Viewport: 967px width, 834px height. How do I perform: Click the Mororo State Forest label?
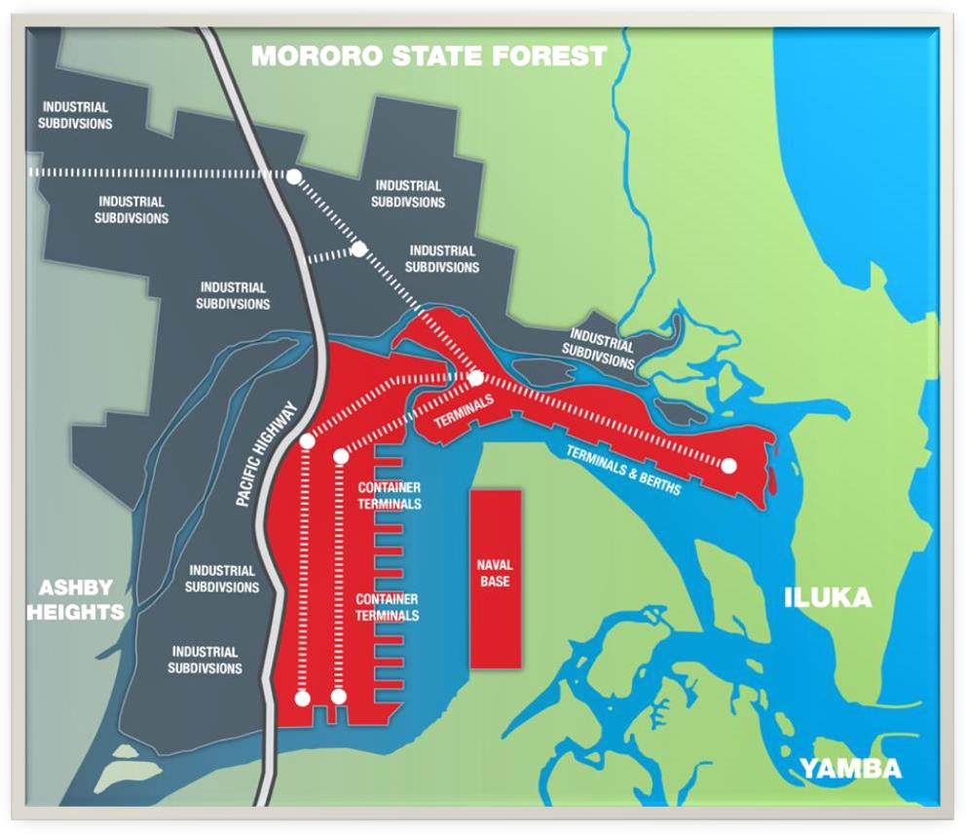(429, 56)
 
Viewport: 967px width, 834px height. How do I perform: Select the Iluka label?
(828, 597)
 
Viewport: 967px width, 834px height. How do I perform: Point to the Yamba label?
(850, 769)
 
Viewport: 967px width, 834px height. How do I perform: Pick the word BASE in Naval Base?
(495, 582)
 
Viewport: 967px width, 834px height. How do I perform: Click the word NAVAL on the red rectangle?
(495, 566)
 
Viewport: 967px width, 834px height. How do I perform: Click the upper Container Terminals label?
(389, 495)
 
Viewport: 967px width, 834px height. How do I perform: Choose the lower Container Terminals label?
(387, 607)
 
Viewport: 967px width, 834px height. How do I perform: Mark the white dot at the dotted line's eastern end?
(728, 465)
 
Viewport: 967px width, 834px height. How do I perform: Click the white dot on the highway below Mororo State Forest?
(294, 175)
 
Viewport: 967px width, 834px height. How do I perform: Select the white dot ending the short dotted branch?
(358, 249)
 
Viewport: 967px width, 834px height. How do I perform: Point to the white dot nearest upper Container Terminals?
(340, 455)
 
